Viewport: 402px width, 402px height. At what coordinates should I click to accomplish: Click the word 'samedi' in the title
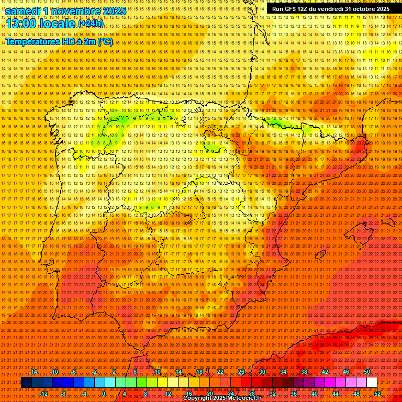point(23,11)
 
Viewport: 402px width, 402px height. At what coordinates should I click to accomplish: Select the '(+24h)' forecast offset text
point(91,24)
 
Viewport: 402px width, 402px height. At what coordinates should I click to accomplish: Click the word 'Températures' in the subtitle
point(32,41)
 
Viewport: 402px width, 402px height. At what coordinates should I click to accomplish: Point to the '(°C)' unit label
point(105,41)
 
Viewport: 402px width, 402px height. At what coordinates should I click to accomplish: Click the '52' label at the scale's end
point(377,394)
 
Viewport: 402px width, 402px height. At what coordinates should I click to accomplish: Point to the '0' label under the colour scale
point(104,394)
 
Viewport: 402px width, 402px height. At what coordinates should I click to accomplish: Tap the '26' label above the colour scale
point(241,372)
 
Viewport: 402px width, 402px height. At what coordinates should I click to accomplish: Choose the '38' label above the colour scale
point(304,372)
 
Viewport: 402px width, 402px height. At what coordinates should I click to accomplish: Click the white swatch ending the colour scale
point(372,383)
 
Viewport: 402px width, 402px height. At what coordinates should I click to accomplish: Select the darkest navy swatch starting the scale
point(26,383)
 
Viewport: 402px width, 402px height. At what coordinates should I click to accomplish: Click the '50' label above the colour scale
point(366,372)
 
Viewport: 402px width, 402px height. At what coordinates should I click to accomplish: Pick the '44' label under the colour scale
point(335,394)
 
